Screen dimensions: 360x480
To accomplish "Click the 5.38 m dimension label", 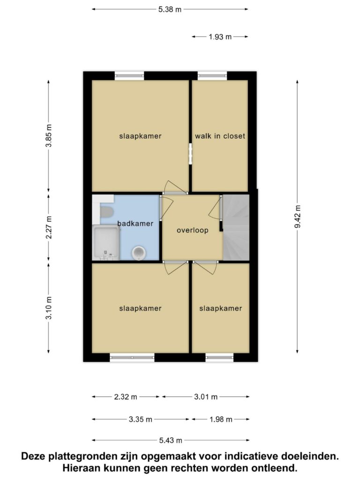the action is tap(170, 9).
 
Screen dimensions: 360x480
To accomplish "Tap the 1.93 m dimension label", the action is tap(220, 37).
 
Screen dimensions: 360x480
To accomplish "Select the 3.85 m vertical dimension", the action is tap(49, 135).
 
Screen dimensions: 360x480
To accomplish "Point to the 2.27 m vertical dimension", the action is tap(49, 227).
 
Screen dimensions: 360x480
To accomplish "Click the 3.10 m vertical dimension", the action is tap(49, 308).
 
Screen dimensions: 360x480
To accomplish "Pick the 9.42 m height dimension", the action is tap(298, 217).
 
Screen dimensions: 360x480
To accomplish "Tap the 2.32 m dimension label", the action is tap(126, 397).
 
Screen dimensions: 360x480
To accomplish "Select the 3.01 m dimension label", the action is tap(206, 397).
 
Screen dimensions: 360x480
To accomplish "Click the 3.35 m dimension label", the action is tap(141, 420).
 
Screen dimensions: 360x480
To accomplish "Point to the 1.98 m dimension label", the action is tap(221, 420).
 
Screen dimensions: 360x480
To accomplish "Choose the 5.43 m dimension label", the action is tap(171, 441).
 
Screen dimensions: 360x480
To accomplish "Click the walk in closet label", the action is tap(220, 136).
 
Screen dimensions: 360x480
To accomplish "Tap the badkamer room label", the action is tap(135, 224).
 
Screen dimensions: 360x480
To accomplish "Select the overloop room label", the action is tap(193, 230).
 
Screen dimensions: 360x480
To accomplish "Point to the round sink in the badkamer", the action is tap(139, 253).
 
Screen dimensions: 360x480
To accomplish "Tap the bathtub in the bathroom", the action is tap(105, 242).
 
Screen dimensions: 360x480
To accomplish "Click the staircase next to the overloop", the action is tap(236, 227).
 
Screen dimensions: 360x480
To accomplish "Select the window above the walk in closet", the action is tap(212, 75).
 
